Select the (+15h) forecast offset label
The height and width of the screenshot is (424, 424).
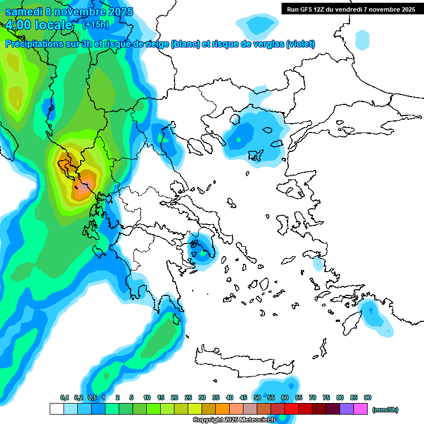pos(96,25)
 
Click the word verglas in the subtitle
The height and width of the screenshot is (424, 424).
pos(267,44)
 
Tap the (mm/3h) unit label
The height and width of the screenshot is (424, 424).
pos(385,410)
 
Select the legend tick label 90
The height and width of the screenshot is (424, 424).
pos(368,397)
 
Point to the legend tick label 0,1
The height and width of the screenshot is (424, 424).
pos(64,397)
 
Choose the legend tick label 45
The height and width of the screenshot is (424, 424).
pos(243,397)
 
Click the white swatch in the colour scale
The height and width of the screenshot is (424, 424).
pos(56,409)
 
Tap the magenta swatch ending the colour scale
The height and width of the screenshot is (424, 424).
pos(361,409)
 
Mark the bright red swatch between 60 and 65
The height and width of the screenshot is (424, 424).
pos(291,409)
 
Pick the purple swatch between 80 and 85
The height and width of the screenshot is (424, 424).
pos(347,409)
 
